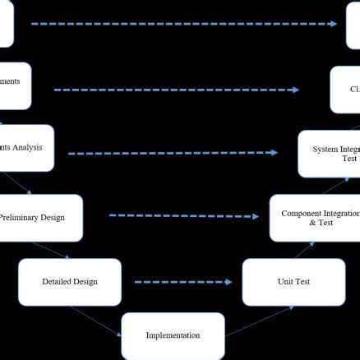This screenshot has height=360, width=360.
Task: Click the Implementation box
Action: pos(173,335)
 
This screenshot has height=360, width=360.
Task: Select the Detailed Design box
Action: pos(70,282)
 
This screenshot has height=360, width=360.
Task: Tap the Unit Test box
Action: pos(293,282)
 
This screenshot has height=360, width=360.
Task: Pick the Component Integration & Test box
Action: pos(316,217)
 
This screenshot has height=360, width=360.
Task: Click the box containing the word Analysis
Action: pos(25,148)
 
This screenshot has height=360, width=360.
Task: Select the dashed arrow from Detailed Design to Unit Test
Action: pos(182,282)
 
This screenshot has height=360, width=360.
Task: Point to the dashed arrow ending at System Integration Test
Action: pos(173,153)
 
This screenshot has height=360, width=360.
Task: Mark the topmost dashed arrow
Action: pos(184,24)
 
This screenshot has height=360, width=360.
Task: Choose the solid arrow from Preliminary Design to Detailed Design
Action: pos(58,251)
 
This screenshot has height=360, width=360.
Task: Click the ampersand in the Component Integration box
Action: pos(312,223)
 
